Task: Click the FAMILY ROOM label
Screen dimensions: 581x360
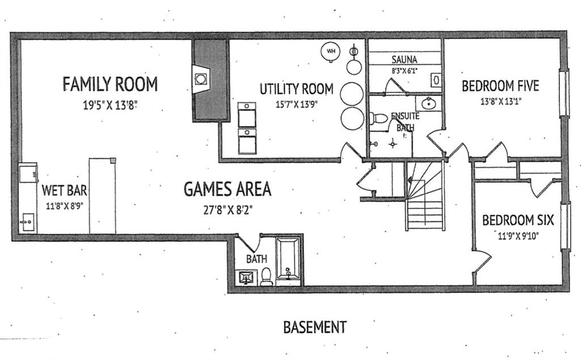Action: [110, 84]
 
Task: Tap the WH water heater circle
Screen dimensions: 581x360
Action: [331, 51]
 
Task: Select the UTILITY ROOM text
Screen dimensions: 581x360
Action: [296, 89]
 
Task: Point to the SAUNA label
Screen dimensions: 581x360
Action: [404, 60]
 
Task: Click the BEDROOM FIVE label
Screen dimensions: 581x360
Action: [500, 86]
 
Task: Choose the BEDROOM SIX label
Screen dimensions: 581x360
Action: [517, 221]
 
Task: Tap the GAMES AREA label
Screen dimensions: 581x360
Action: [228, 189]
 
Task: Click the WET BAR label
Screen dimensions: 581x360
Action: [65, 190]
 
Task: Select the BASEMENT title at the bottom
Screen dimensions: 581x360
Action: [315, 328]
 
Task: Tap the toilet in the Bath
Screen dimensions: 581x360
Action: [267, 277]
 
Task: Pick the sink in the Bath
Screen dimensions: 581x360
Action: [246, 277]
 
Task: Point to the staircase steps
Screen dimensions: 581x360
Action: [426, 196]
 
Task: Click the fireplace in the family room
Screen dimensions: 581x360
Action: [201, 79]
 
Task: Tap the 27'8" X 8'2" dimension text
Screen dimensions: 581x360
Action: [228, 210]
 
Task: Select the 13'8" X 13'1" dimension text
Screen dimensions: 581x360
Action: [501, 101]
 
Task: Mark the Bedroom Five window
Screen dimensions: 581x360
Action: [563, 94]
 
